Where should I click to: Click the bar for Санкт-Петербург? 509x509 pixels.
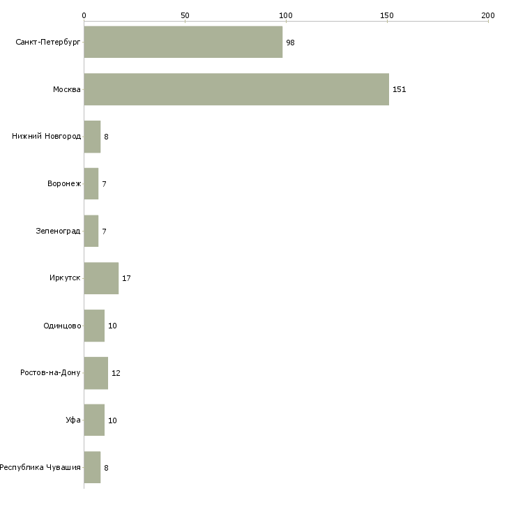pyautogui.click(x=183, y=42)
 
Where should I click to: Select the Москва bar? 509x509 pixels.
pyautogui.click(x=236, y=89)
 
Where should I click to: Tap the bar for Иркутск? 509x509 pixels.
pyautogui.click(x=101, y=278)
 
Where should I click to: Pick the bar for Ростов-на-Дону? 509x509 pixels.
pyautogui.click(x=96, y=373)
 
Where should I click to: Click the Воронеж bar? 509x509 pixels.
pyautogui.click(x=91, y=184)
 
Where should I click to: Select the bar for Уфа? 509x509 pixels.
pyautogui.click(x=94, y=420)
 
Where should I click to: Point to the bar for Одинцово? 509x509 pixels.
pyautogui.click(x=94, y=326)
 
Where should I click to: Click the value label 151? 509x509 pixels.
pyautogui.click(x=400, y=89)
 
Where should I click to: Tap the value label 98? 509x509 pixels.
pyautogui.click(x=290, y=43)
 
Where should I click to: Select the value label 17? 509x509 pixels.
pyautogui.click(x=126, y=278)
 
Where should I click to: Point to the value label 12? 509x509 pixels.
pyautogui.click(x=116, y=373)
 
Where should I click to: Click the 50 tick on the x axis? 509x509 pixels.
pyautogui.click(x=185, y=15)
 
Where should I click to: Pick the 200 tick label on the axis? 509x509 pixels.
pyautogui.click(x=488, y=15)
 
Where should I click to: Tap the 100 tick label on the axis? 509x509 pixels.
pyautogui.click(x=286, y=15)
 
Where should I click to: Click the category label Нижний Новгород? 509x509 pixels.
pyautogui.click(x=47, y=137)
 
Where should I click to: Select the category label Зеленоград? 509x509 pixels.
pyautogui.click(x=58, y=231)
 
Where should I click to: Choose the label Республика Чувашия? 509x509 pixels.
pyautogui.click(x=40, y=467)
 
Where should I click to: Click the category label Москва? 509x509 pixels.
pyautogui.click(x=67, y=89)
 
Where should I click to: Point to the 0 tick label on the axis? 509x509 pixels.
pyautogui.click(x=84, y=15)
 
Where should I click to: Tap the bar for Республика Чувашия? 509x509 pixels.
pyautogui.click(x=92, y=467)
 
